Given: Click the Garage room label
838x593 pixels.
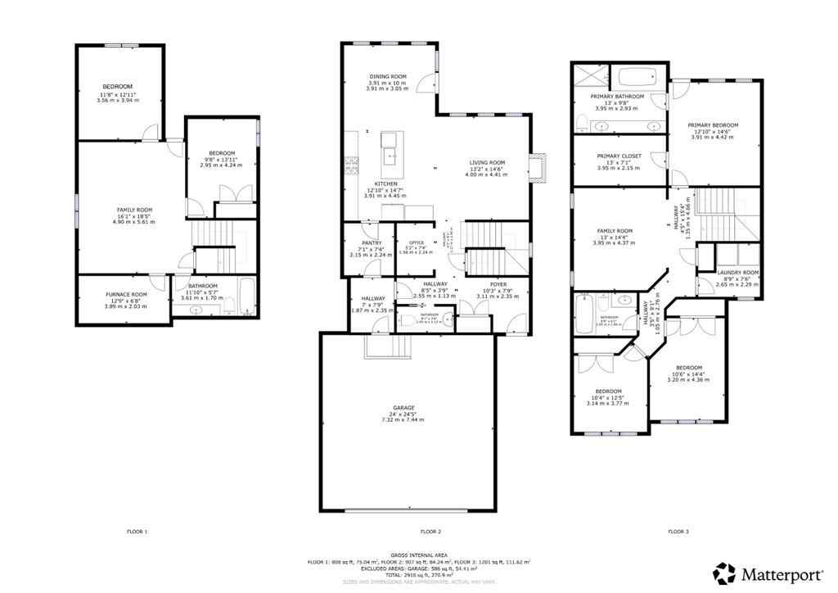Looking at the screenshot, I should pos(403,408).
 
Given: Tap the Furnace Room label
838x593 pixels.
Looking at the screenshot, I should pos(126,294).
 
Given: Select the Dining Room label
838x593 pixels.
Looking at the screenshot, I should pos(387,76).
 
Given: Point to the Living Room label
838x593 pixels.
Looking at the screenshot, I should pos(487,162).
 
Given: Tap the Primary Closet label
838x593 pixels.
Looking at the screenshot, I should pos(619,156).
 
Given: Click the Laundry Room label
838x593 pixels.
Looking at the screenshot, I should pos(738,272).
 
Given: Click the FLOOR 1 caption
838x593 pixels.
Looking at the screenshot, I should pos(137,532).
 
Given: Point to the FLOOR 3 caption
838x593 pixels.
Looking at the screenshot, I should pos(678,532).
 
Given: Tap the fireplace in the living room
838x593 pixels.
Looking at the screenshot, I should pos(538,166).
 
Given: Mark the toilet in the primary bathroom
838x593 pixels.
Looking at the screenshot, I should pos(581,124).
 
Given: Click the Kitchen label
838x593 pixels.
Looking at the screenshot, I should pos(386,183).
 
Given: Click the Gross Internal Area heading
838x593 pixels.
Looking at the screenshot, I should pos(418,555).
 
